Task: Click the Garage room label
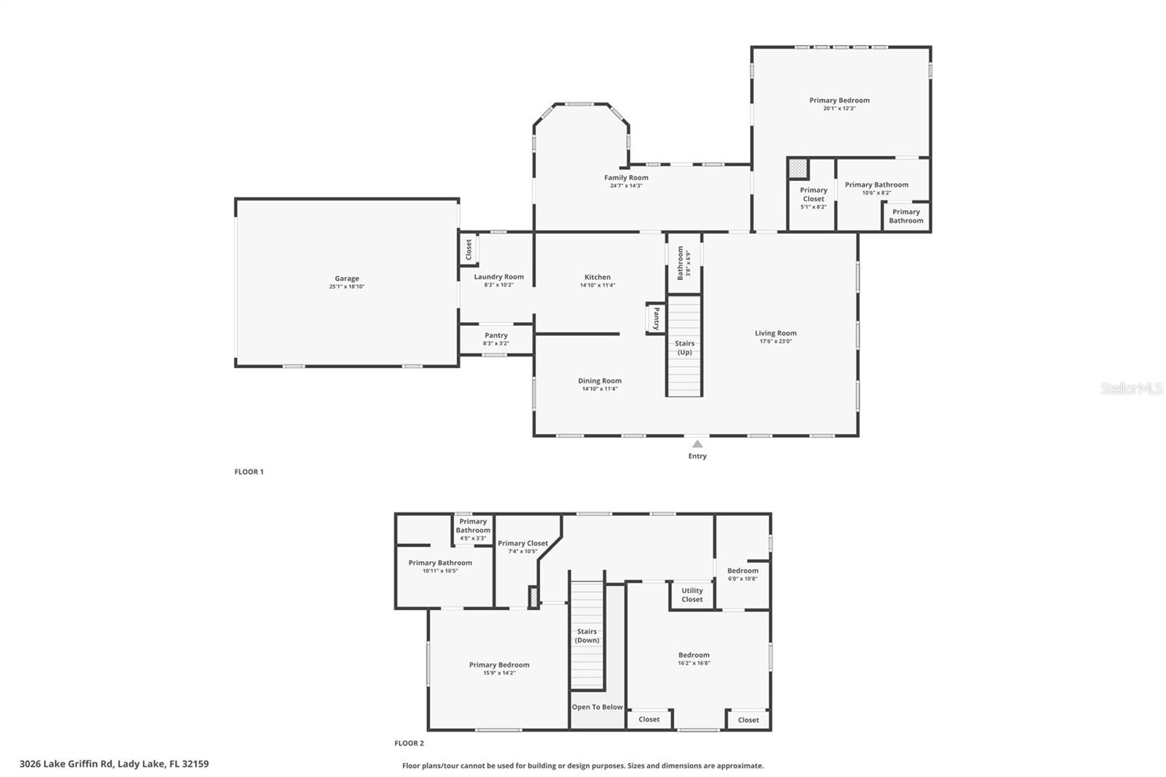click(x=347, y=278)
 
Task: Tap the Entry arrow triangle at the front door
click(x=697, y=444)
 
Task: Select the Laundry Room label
click(x=498, y=277)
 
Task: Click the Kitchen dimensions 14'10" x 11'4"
click(x=598, y=286)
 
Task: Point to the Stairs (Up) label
click(x=684, y=348)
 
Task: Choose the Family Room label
click(x=626, y=177)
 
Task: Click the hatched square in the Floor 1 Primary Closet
click(x=799, y=169)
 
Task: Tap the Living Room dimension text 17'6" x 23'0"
click(x=775, y=341)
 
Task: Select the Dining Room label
click(x=600, y=380)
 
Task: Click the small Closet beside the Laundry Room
click(x=469, y=249)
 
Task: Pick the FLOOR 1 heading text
click(x=249, y=472)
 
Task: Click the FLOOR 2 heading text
click(x=409, y=743)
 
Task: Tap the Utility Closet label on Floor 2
click(x=692, y=595)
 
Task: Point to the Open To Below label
click(x=597, y=707)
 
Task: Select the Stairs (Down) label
click(x=587, y=636)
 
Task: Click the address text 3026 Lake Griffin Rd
click(x=114, y=764)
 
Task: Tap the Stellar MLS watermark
click(x=1131, y=389)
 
